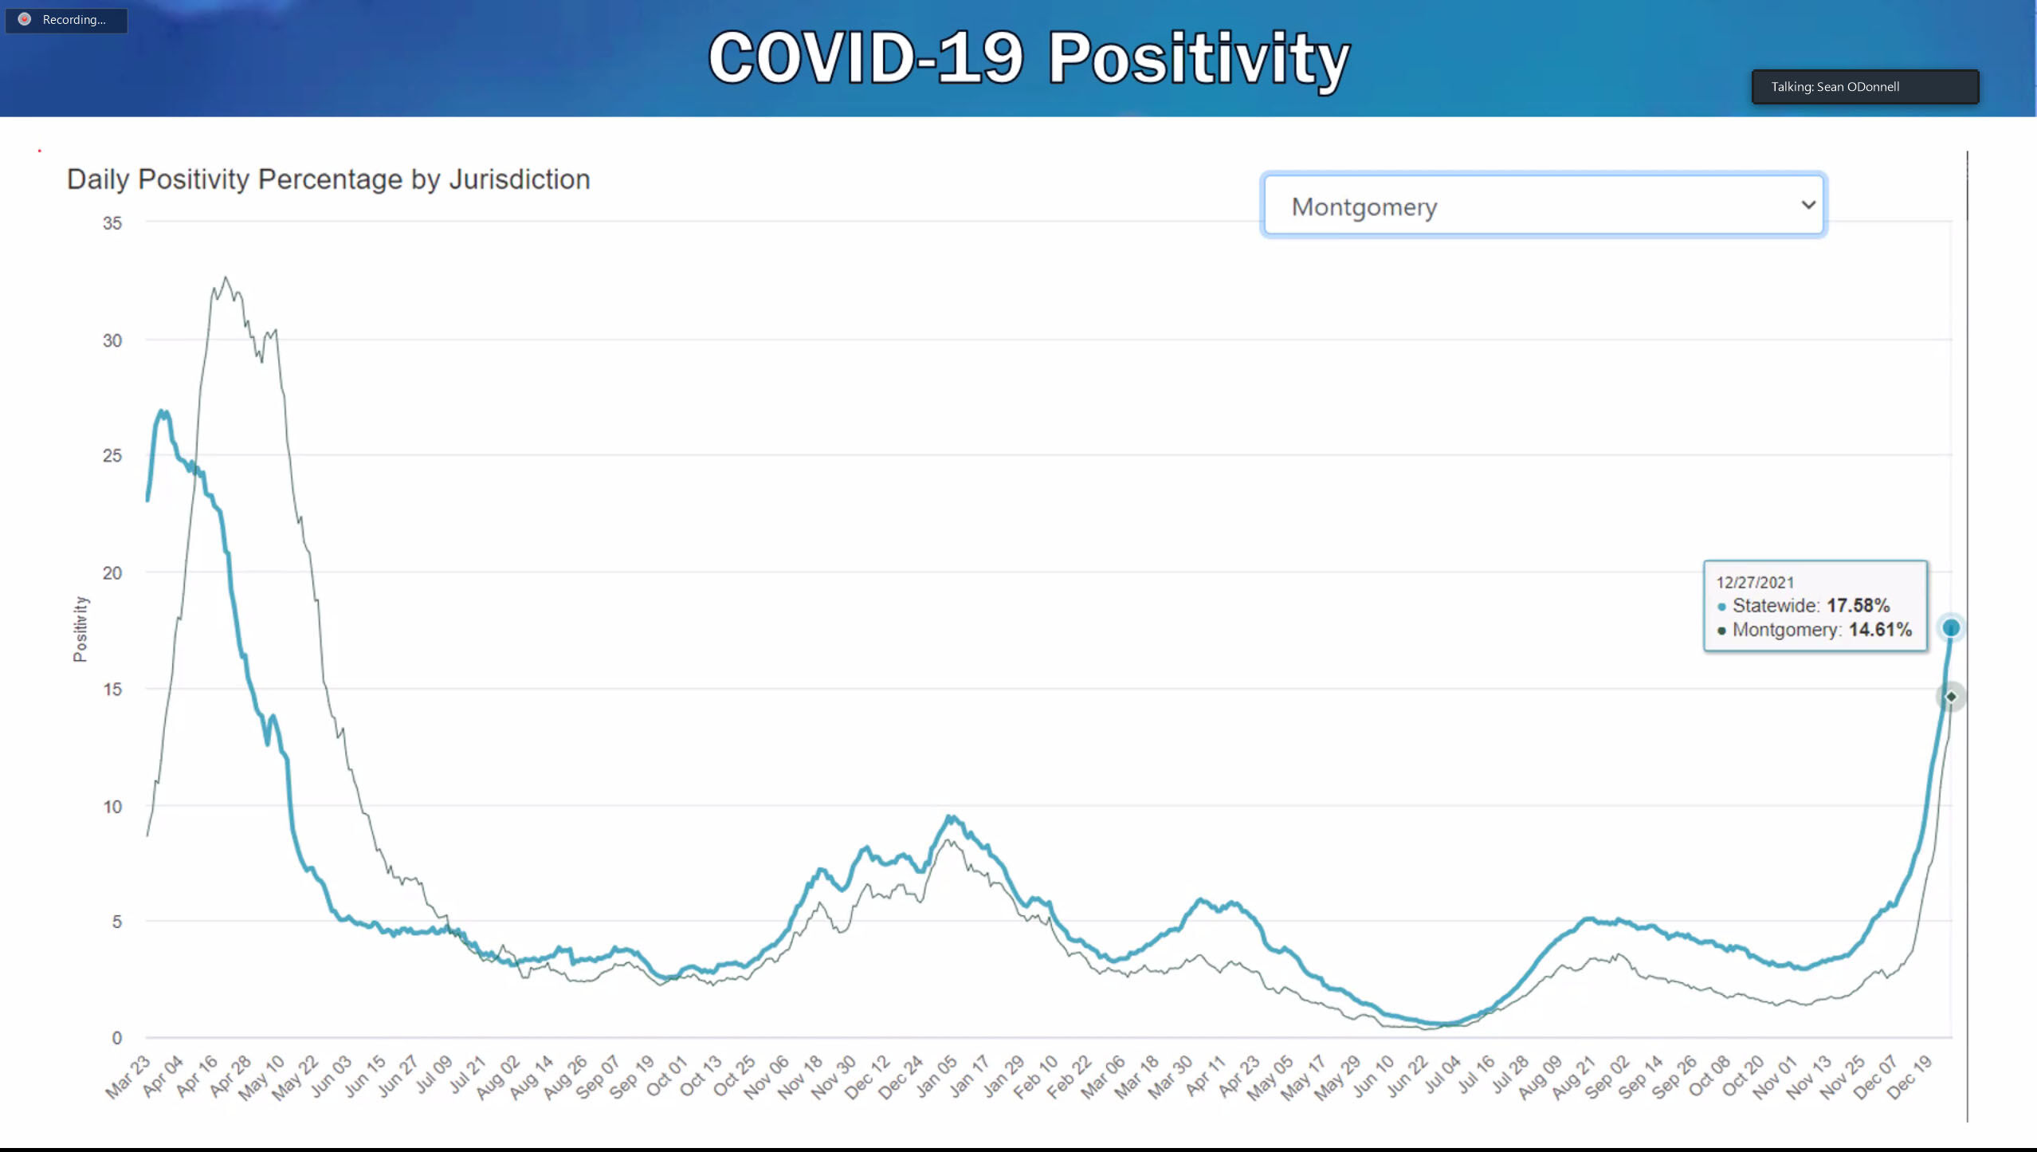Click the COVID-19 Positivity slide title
click(1028, 57)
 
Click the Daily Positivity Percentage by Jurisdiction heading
click(328, 179)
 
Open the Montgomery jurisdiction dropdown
click(1543, 206)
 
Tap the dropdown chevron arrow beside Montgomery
click(1808, 205)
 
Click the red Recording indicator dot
click(25, 19)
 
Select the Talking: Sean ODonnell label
click(1835, 87)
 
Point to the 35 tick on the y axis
click(112, 223)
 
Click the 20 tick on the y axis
click(112, 572)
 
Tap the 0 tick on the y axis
click(117, 1037)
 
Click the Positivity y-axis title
click(80, 628)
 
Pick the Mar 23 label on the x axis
click(128, 1076)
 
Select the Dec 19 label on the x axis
click(1910, 1076)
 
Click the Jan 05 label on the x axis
click(936, 1076)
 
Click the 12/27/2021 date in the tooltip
click(1755, 583)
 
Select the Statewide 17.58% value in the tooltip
click(1858, 606)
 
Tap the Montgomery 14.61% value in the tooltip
click(1880, 630)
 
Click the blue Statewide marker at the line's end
click(1950, 628)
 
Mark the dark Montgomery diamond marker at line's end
click(1950, 697)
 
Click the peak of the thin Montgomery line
click(226, 278)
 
